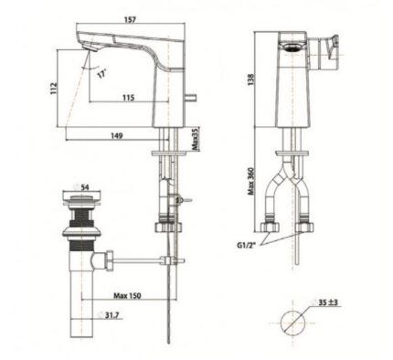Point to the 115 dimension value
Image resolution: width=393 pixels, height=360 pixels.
click(130, 98)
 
